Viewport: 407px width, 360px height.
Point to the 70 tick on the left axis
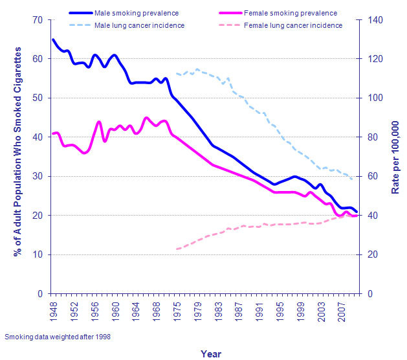coord(39,20)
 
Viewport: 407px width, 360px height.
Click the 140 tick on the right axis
coord(376,20)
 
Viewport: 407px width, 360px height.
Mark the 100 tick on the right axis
coord(376,98)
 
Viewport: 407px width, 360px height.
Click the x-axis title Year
coord(211,354)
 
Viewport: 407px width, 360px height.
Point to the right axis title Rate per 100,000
coord(396,157)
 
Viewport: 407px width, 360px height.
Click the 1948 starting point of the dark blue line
coord(52,39)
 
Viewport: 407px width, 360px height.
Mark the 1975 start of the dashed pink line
coord(177,249)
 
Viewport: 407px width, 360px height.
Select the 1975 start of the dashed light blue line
coord(177,73)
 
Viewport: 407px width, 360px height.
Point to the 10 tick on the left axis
coord(39,254)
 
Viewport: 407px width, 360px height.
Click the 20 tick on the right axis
coord(374,254)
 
